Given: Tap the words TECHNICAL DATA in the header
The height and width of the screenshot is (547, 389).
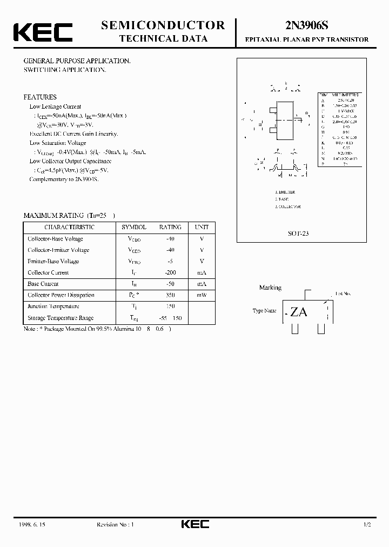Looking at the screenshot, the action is (163, 39).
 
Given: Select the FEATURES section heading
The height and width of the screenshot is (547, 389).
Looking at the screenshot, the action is (40, 97).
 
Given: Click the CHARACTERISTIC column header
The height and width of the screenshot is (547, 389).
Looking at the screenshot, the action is (69, 228).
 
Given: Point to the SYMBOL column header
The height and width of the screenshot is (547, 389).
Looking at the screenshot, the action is (133, 228).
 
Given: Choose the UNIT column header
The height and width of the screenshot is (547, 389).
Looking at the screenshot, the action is (202, 228).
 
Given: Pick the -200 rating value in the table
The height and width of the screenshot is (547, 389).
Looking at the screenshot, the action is (170, 273).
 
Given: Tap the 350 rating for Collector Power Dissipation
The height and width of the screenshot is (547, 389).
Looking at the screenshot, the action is (171, 295).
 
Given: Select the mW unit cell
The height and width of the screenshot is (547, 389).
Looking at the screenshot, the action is (202, 295).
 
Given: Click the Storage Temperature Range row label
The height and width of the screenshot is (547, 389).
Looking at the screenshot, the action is (61, 318).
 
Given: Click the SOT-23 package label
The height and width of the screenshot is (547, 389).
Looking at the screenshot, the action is (298, 234).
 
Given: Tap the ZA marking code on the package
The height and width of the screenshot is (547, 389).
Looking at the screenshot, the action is (298, 312).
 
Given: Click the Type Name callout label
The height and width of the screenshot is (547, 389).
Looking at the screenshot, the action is (265, 311).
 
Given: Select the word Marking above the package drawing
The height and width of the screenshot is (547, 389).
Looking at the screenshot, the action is (270, 288).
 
